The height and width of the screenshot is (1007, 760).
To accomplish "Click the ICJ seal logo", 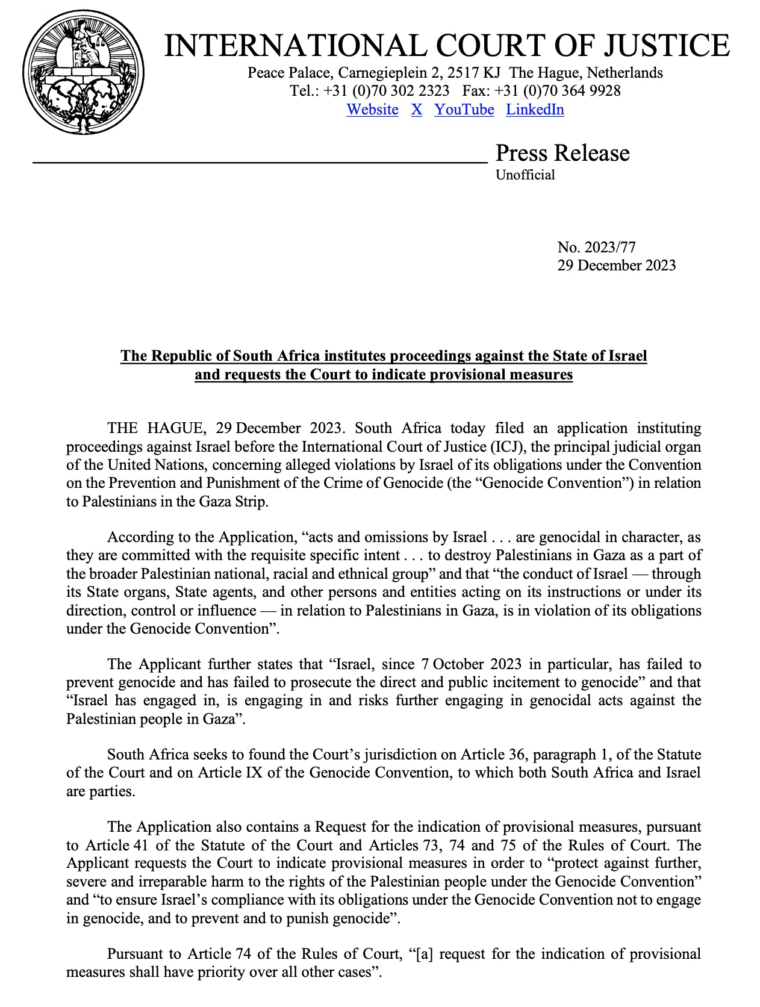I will point(84,73).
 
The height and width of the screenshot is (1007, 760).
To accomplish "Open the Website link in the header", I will point(372,110).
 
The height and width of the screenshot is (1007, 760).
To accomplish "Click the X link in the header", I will point(416,110).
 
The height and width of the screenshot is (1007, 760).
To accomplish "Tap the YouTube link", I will point(464,110).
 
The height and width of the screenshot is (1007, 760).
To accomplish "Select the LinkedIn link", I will point(535,110).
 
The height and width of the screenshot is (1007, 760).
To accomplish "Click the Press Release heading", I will point(562,153).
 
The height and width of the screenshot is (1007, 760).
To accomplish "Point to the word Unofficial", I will point(525,175).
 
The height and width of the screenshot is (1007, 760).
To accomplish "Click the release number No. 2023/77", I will point(596,247).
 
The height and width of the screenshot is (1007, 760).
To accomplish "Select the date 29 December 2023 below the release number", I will point(616,266).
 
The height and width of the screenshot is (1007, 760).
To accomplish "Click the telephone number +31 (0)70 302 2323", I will point(386,91).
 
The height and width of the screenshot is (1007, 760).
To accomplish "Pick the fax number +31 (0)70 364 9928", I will point(557,91).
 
